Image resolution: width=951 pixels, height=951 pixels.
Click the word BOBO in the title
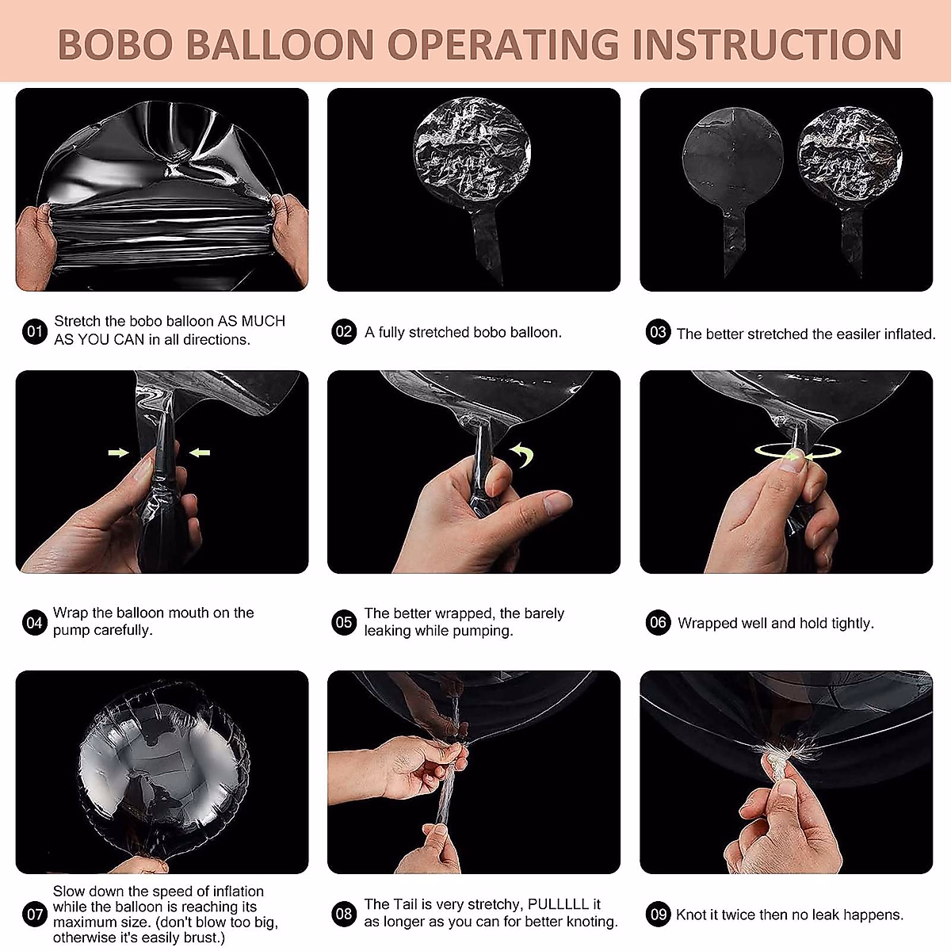[x=115, y=44]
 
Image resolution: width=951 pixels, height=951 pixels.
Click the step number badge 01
[x=35, y=331]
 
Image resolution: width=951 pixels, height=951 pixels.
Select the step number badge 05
[x=344, y=622]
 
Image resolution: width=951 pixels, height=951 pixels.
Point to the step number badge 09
[x=659, y=915]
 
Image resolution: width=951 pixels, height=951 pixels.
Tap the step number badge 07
[x=35, y=915]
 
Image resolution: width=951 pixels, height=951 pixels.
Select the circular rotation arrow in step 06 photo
[x=798, y=452]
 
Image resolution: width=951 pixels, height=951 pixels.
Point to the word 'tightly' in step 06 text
[x=852, y=624]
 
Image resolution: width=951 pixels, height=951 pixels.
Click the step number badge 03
[x=659, y=332]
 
